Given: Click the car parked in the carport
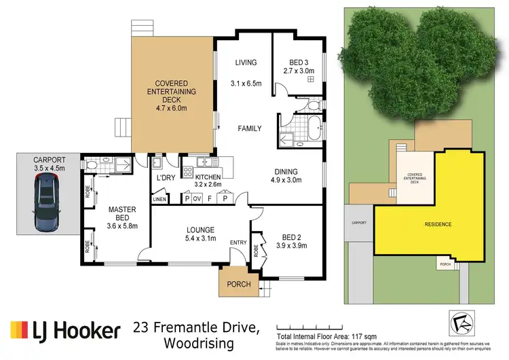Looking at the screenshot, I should coord(46,202).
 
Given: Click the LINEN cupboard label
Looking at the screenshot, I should coord(159,199).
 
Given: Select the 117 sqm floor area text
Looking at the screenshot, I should coord(360,336).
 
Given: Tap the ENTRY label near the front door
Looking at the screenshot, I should coord(238,242).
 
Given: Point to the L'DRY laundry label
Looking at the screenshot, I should coord(165,178).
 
